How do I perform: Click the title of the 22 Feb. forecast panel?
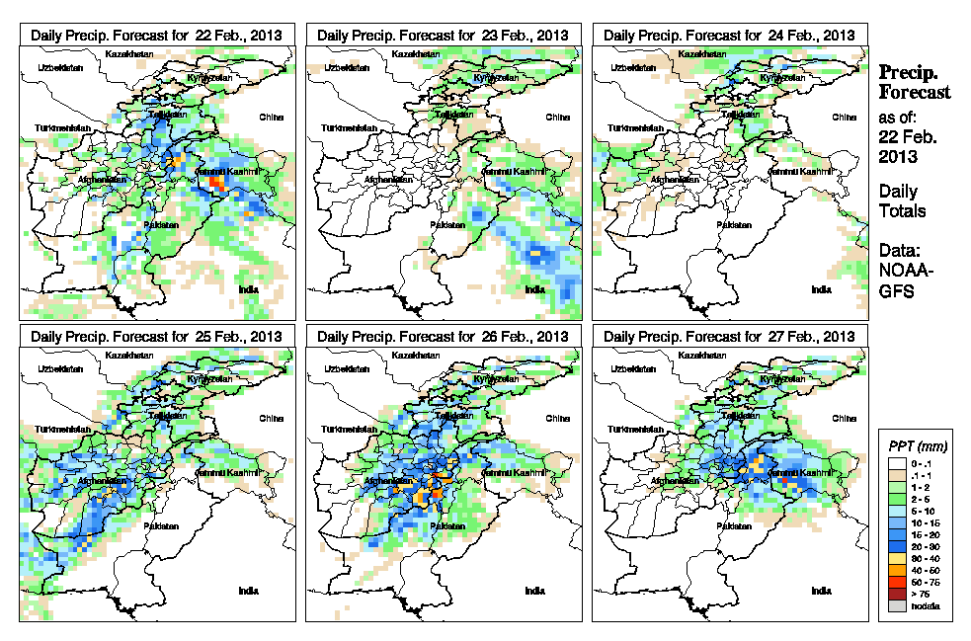pos(156,35)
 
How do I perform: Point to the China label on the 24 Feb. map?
pos(844,117)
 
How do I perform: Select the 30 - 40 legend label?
pos(923,558)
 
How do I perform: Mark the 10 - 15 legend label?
pos(923,522)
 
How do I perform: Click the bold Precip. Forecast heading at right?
pos(914,83)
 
